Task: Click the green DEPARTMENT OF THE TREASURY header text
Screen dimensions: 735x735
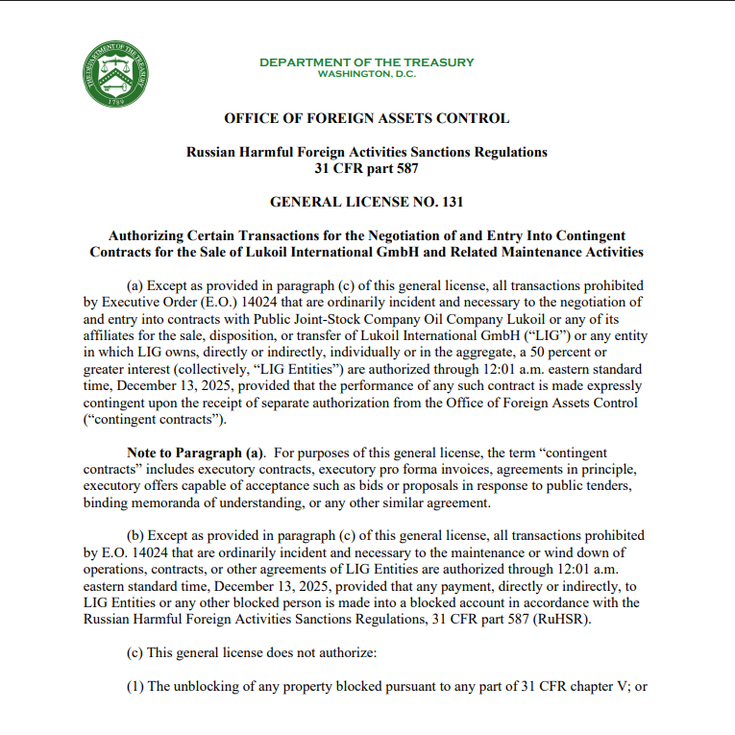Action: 366,62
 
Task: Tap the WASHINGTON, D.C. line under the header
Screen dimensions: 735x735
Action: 366,74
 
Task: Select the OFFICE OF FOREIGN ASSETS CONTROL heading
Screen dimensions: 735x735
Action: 366,119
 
